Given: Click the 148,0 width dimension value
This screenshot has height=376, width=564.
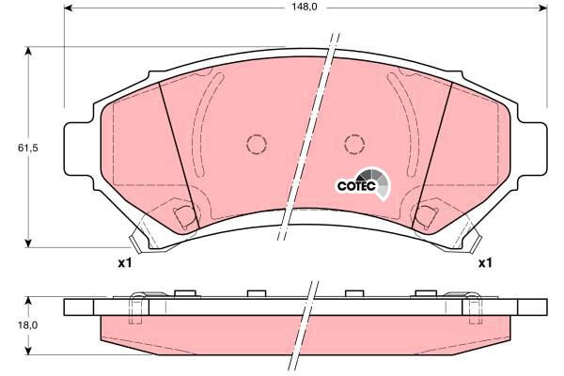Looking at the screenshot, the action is [305, 7].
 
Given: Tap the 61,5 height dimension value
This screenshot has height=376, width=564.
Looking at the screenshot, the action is [27, 148].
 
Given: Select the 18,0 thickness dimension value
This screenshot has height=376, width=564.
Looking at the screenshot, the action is [27, 325].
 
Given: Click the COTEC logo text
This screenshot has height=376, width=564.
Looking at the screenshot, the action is [356, 186].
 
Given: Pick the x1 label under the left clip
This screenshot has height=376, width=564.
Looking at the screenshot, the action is [125, 263].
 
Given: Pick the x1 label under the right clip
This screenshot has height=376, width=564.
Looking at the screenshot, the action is [484, 263].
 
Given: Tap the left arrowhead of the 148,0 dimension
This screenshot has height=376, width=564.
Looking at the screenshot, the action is [69, 8].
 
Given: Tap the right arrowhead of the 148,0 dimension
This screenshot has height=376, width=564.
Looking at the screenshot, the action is [543, 8].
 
